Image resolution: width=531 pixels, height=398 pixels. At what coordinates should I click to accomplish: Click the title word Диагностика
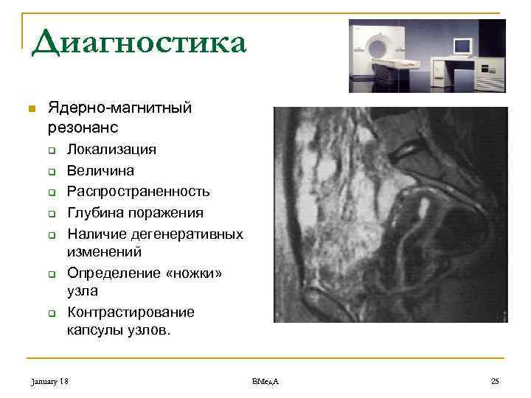139,42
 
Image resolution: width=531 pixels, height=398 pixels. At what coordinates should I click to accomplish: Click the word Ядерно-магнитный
119,108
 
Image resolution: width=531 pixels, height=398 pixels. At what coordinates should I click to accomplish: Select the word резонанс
83,128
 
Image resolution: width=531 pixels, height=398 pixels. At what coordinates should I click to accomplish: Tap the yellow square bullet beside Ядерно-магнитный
30,110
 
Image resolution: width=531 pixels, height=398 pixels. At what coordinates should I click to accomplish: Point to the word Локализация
111,150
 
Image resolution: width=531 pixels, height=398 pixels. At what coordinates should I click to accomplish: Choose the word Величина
100,170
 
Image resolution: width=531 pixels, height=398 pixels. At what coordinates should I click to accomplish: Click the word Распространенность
139,192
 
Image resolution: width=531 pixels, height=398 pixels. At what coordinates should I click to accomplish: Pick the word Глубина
93,213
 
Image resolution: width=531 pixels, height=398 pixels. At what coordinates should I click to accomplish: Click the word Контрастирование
131,312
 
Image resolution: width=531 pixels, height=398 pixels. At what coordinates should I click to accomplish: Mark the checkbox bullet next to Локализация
53,150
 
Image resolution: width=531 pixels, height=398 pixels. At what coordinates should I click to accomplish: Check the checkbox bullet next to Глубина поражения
53,214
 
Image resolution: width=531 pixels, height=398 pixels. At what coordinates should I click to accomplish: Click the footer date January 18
50,381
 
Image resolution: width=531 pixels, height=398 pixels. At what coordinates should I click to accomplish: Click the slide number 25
494,381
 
